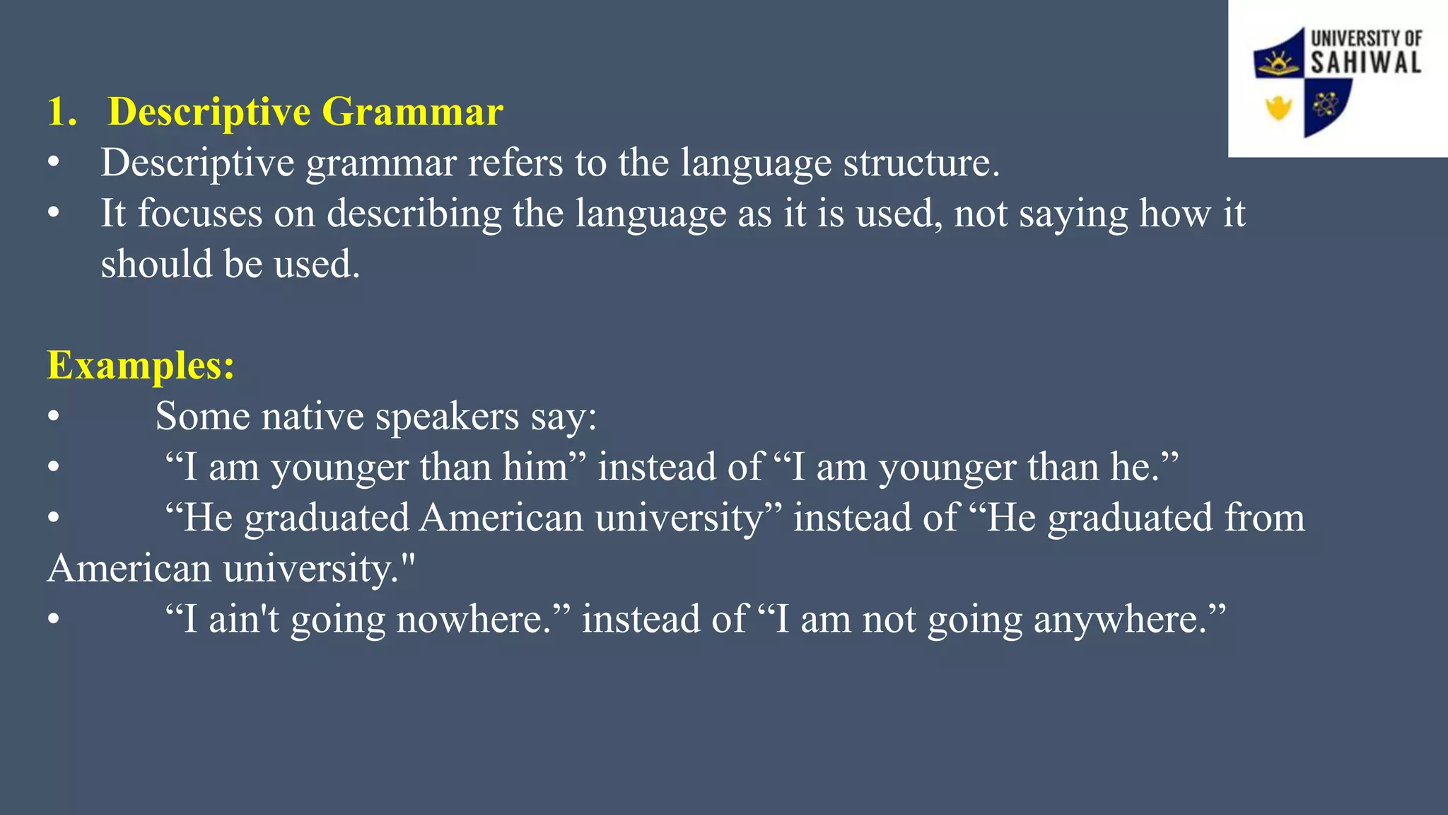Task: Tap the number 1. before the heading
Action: coord(62,112)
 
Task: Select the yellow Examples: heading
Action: coord(140,366)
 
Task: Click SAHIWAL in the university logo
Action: coord(1365,62)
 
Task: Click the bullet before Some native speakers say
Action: coord(54,417)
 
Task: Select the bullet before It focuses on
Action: coord(54,214)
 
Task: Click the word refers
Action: coord(515,163)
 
